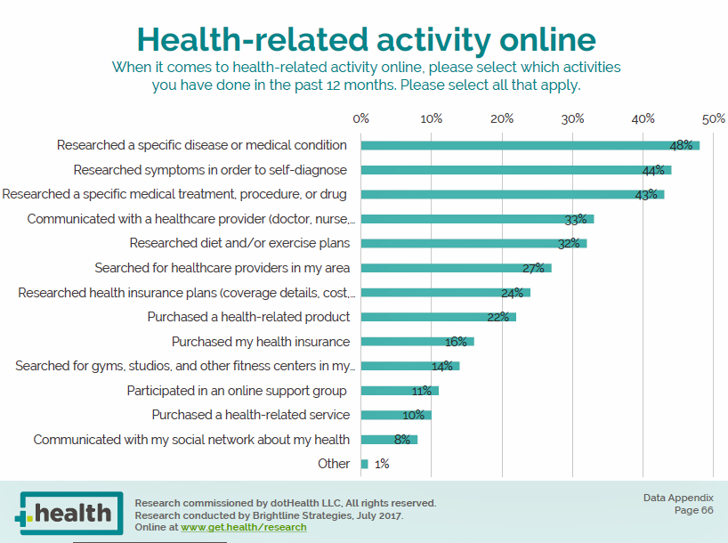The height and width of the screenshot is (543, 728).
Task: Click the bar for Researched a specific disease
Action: [530, 145]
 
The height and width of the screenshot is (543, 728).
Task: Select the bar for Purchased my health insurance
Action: [417, 341]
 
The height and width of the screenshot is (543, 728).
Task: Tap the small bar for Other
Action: [365, 464]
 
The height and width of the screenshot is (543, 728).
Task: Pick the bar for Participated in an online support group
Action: [400, 390]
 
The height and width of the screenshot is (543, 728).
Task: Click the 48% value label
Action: [681, 145]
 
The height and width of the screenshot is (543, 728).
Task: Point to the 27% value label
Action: [533, 268]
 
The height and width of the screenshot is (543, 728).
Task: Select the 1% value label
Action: [381, 464]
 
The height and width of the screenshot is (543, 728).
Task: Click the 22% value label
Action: [497, 317]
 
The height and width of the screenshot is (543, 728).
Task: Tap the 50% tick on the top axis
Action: [713, 118]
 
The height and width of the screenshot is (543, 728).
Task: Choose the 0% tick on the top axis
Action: [361, 118]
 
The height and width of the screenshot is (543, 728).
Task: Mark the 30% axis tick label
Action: [572, 118]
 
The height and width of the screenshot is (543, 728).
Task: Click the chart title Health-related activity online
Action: [366, 40]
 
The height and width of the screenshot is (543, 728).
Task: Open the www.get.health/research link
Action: [243, 527]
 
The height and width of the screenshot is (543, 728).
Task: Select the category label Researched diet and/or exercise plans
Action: [239, 243]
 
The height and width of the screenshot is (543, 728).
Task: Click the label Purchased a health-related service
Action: [250, 415]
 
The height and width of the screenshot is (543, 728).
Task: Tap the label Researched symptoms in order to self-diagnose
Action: [210, 169]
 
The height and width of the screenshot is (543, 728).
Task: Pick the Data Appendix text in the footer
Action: [678, 498]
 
